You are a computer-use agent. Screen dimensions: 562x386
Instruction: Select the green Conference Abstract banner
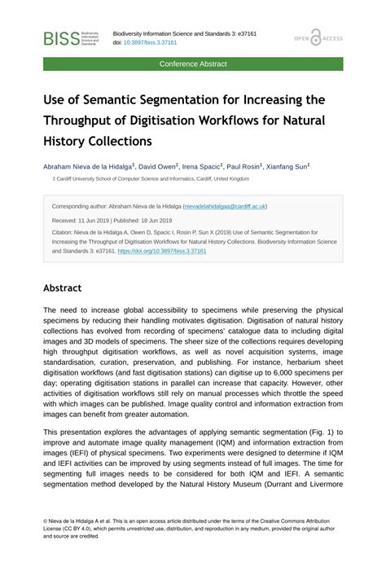(193, 64)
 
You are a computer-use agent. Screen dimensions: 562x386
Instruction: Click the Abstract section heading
(63, 288)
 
